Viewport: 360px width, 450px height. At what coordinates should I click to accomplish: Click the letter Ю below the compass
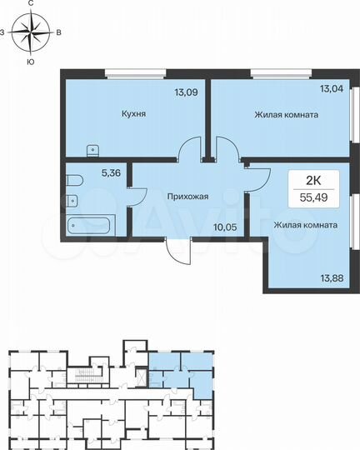(x=30, y=62)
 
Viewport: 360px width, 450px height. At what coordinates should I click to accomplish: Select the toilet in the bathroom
(x=73, y=179)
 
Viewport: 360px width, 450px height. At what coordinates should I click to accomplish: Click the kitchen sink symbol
(x=93, y=150)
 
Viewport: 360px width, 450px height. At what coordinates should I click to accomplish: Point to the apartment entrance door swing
(x=178, y=251)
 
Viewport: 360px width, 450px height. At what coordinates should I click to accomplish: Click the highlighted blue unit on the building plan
(x=183, y=371)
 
